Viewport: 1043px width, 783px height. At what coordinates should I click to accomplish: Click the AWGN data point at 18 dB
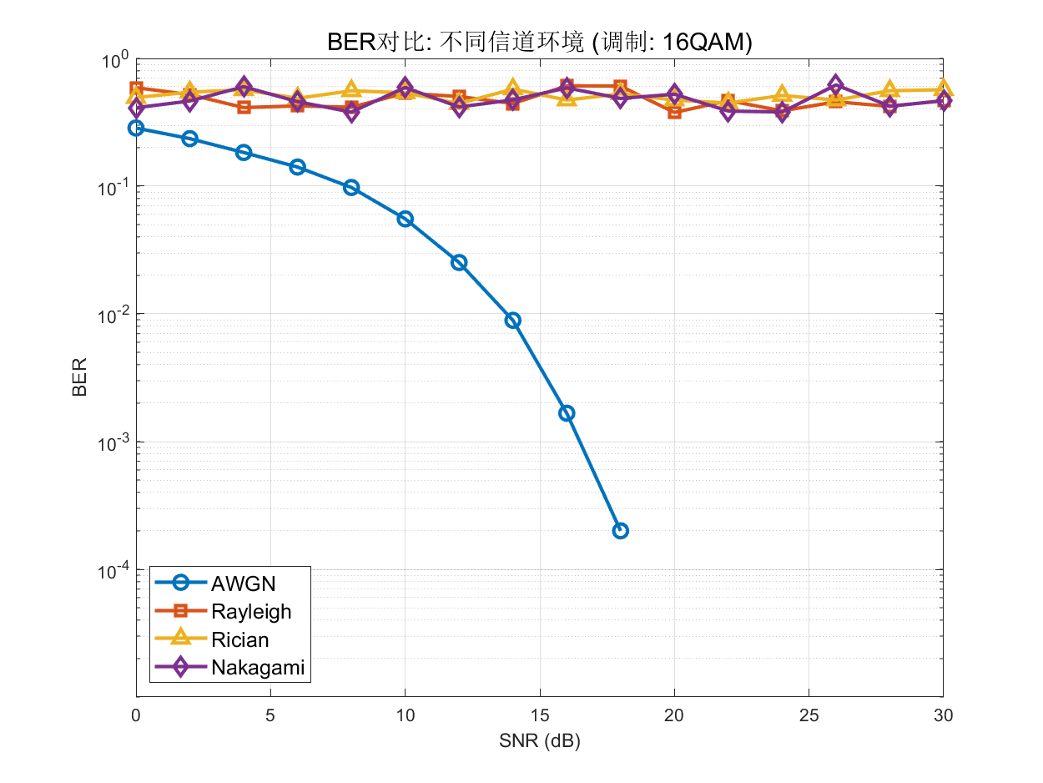tap(620, 531)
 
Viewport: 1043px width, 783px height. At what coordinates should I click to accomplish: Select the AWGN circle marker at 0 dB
tap(136, 128)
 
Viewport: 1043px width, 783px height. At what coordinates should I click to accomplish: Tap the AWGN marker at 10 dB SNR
tap(406, 219)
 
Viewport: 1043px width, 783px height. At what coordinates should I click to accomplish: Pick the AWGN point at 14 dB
tap(513, 320)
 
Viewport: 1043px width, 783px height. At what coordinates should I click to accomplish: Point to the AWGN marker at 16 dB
tap(567, 413)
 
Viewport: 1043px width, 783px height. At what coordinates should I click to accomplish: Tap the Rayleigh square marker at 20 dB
tap(674, 112)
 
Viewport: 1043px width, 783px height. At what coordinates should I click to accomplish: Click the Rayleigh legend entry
tap(251, 611)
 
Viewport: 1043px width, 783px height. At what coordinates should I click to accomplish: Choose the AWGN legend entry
tap(243, 583)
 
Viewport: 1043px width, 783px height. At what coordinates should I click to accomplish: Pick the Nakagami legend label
tap(257, 668)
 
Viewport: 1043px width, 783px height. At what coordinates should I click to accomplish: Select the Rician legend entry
tap(240, 639)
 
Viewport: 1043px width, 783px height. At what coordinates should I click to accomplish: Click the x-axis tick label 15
tap(540, 715)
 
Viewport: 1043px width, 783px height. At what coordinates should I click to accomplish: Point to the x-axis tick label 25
tap(809, 715)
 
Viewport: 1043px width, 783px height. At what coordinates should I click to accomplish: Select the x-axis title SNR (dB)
tap(540, 741)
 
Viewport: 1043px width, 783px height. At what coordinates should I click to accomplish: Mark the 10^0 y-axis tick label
tap(115, 60)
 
